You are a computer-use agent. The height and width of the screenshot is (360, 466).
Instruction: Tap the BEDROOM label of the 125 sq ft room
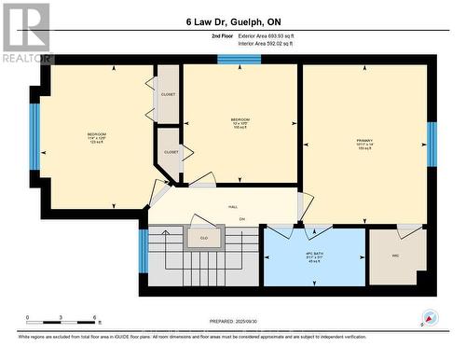(x=97, y=135)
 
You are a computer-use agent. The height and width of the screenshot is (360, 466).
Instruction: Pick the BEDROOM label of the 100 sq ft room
(x=240, y=121)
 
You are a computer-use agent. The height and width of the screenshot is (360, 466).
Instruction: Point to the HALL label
(x=234, y=208)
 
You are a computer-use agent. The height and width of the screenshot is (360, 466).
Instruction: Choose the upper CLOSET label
(x=169, y=94)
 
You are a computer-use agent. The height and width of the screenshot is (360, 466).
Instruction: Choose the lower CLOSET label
(x=171, y=152)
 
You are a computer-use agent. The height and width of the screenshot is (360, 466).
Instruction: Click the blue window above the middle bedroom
(x=233, y=60)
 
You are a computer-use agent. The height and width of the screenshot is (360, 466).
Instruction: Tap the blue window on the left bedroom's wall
(x=34, y=137)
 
